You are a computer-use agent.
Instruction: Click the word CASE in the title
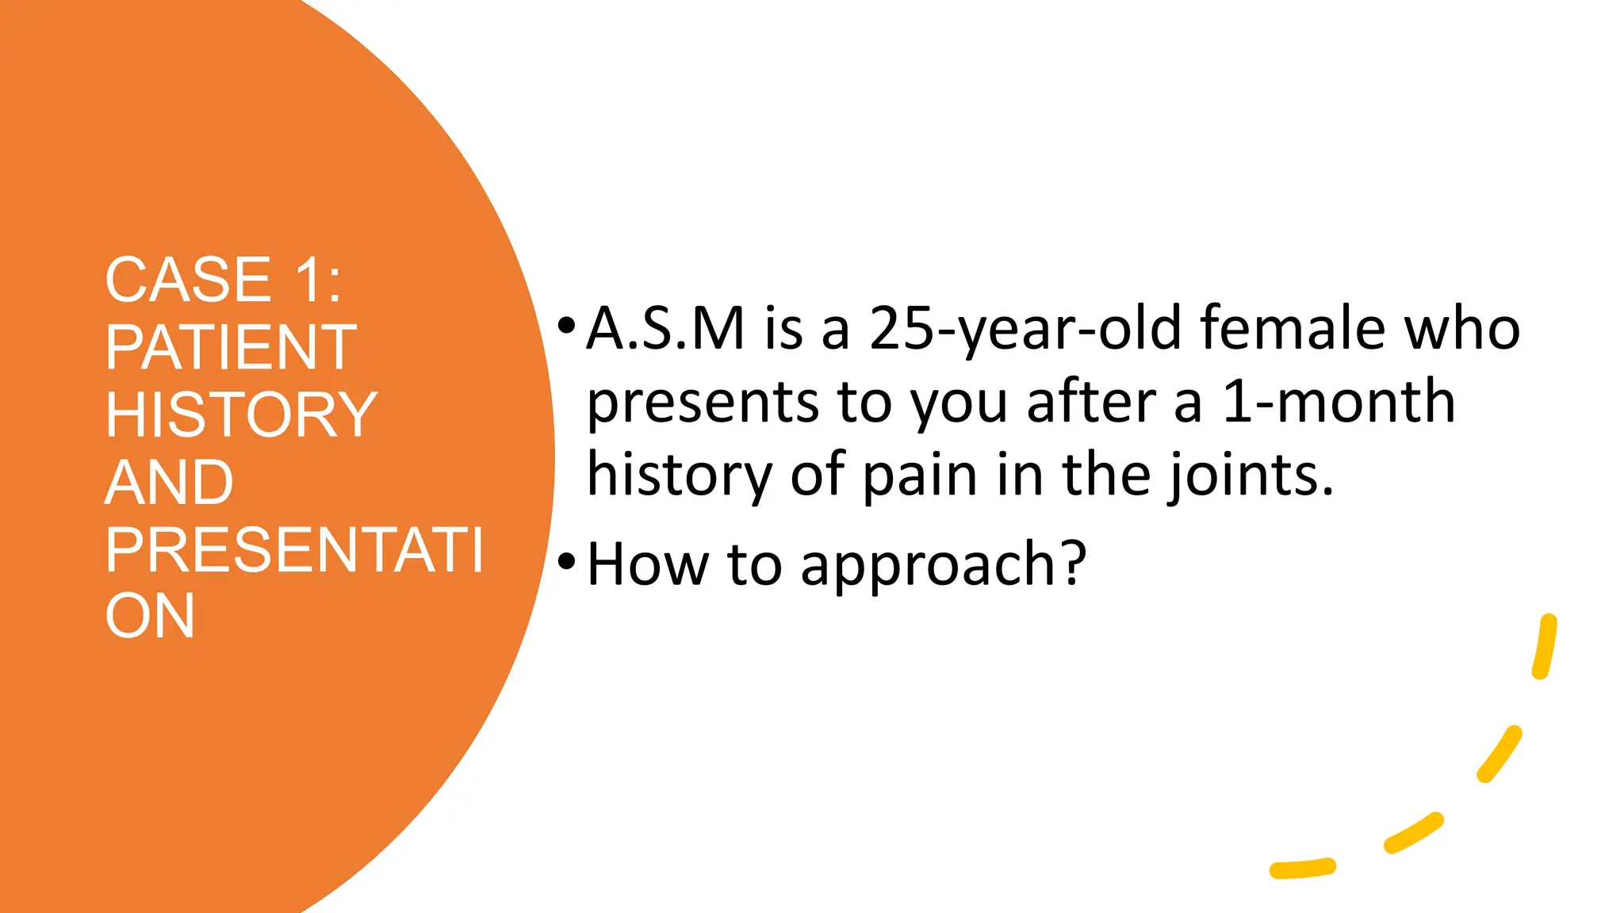[x=188, y=280]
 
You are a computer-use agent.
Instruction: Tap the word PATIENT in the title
[x=231, y=347]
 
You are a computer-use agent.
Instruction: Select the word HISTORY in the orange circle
[x=241, y=414]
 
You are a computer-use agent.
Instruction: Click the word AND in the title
[x=169, y=482]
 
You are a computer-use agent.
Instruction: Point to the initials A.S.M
[x=665, y=328]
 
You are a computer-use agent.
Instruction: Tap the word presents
[x=703, y=403]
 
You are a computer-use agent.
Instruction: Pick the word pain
[x=920, y=476]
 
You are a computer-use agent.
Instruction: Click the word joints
[x=1250, y=476]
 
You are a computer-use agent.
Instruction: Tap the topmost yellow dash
[x=1544, y=647]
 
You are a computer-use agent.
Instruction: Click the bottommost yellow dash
[x=1302, y=869]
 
